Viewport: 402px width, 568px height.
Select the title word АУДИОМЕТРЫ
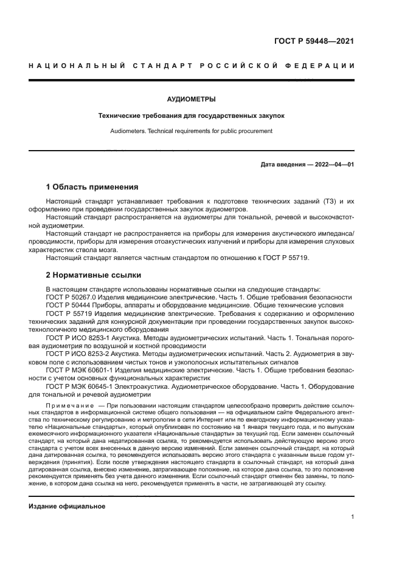point(191,98)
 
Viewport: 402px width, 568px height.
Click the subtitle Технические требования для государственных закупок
point(191,115)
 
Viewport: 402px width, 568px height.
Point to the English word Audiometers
point(126,131)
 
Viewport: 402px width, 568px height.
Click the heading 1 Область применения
point(92,186)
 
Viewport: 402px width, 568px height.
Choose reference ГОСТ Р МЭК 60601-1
point(78,369)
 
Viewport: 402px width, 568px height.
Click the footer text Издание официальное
point(67,506)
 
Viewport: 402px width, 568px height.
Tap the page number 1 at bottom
point(353,518)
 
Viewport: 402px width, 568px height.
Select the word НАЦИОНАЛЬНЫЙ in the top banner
point(75,65)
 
